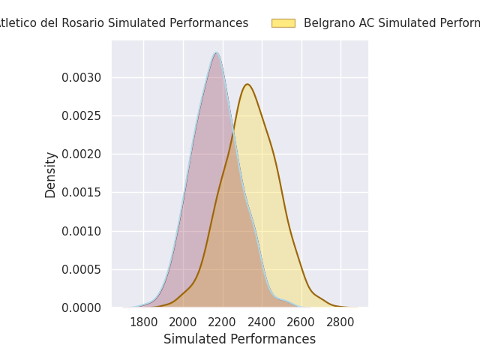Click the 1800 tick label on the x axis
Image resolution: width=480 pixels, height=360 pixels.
tap(143, 322)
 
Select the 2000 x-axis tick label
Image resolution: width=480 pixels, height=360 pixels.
tap(183, 322)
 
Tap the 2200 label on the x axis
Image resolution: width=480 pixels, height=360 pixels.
tap(223, 322)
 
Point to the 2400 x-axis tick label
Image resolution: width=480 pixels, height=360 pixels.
tap(262, 322)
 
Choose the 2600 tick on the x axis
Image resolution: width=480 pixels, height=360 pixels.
tap(301, 322)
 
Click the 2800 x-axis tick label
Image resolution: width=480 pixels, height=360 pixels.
tap(340, 322)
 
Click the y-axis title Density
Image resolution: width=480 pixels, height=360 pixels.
tap(51, 175)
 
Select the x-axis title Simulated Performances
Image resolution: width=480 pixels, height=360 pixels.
tap(239, 340)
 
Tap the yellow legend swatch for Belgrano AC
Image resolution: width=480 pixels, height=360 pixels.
tap(283, 23)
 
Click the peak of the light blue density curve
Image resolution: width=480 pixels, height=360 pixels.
tap(216, 52)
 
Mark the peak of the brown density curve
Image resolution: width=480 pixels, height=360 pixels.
tap(247, 84)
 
